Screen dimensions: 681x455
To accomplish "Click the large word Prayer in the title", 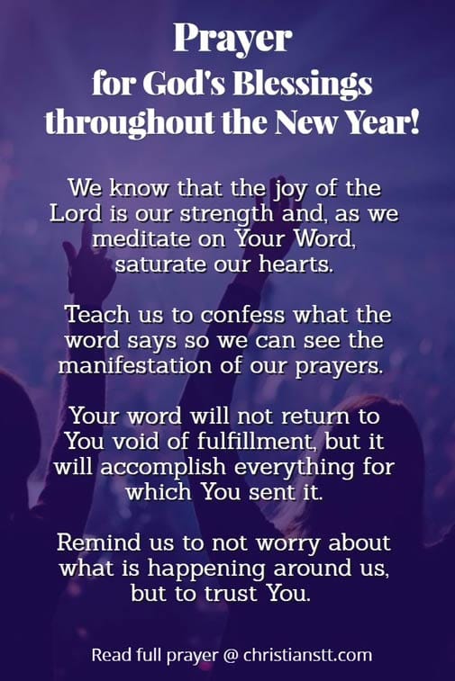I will coord(232,39).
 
